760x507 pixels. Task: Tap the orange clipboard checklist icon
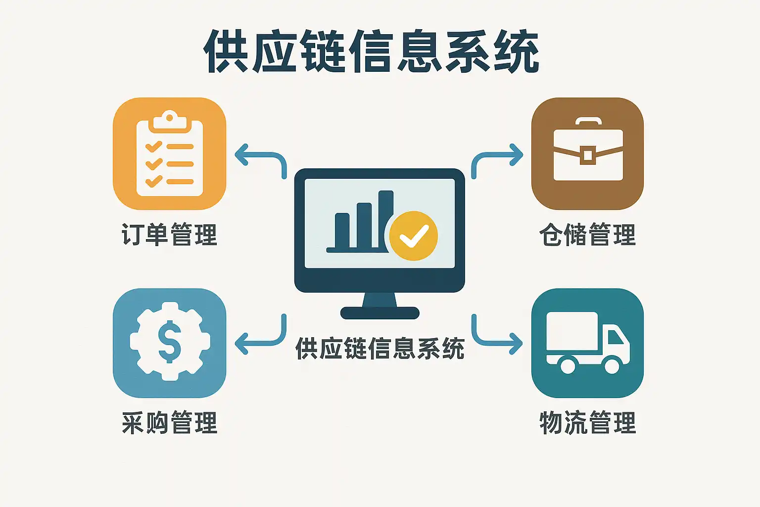169,153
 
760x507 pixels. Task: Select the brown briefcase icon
587,153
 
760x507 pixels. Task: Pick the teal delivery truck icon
587,343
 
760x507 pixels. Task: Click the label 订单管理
169,234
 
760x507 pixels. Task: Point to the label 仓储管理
587,234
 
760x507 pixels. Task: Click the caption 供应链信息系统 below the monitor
380,349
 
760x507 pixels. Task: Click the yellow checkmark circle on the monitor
413,236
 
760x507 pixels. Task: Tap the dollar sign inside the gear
169,342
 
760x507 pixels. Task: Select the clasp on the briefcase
587,155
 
